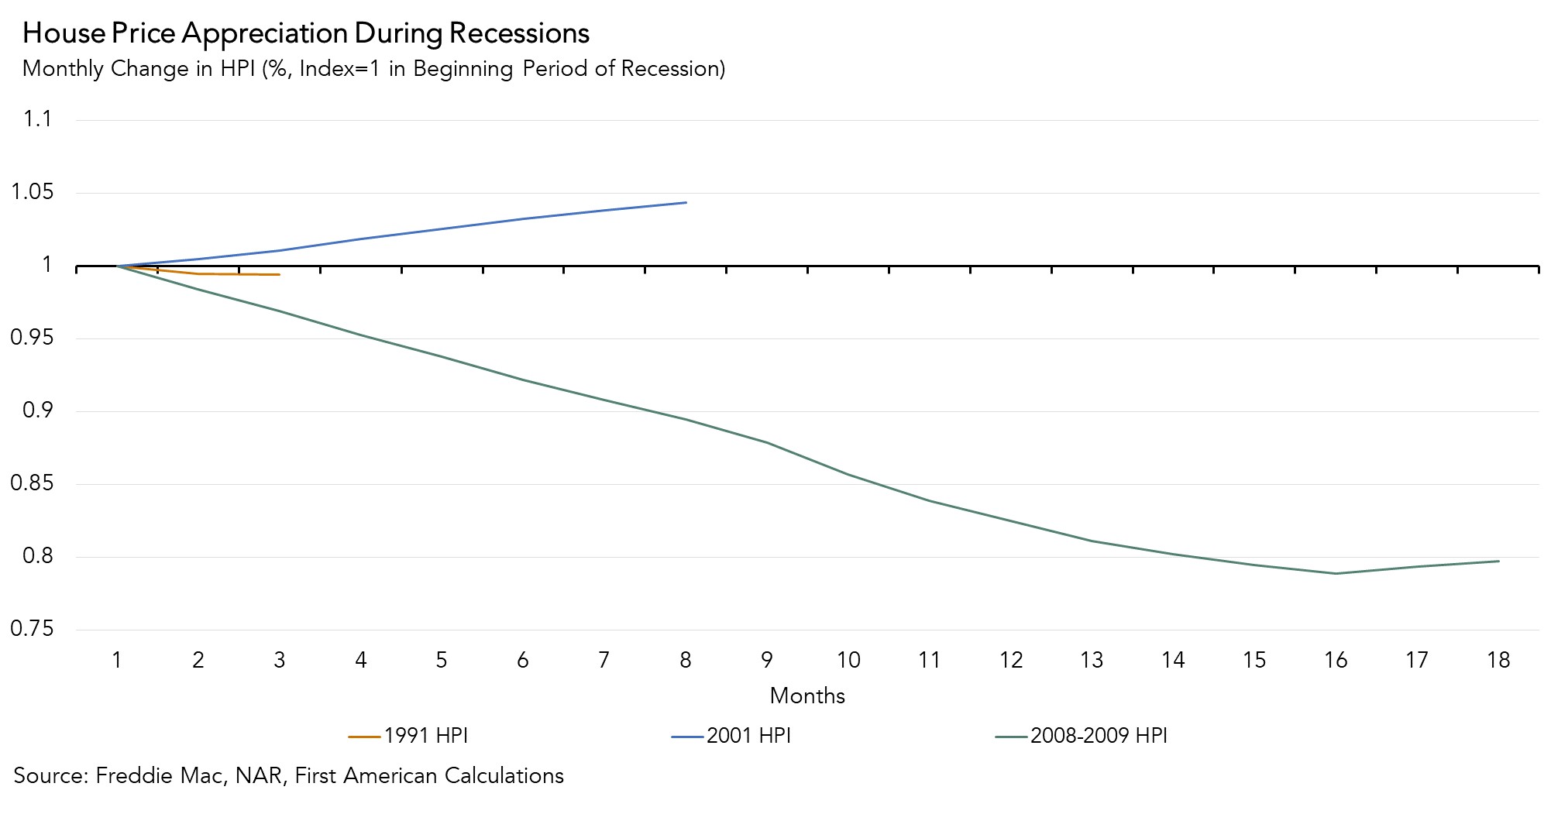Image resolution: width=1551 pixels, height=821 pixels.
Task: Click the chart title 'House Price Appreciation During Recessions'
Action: [306, 33]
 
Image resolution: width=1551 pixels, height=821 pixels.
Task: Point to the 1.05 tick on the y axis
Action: [33, 192]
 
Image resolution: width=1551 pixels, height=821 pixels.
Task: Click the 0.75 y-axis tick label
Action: [33, 629]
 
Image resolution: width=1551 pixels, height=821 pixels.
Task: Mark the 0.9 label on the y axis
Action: [37, 410]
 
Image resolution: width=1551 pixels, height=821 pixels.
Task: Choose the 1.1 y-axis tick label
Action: [37, 119]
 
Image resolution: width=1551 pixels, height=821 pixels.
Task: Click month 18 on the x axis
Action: [1498, 660]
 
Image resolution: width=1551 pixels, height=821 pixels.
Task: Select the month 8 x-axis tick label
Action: [686, 660]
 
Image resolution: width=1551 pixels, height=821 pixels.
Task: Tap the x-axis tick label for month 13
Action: [1092, 660]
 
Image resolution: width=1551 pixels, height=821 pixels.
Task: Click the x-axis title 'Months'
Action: [807, 696]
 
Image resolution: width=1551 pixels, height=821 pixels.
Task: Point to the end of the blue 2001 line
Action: [686, 203]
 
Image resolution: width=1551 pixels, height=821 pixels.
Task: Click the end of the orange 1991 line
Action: [279, 274]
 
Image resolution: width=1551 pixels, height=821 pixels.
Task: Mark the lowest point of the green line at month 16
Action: [1336, 573]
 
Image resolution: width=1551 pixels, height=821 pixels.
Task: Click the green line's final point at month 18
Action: [1498, 561]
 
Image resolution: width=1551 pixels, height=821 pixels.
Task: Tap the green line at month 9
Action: [767, 442]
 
